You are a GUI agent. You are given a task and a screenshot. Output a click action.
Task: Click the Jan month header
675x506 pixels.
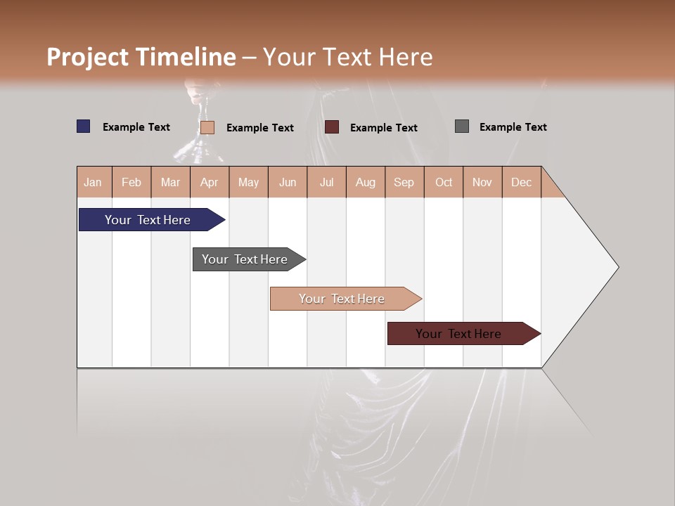pyautogui.click(x=94, y=182)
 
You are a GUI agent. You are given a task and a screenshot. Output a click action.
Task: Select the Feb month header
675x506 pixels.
pyautogui.click(x=131, y=182)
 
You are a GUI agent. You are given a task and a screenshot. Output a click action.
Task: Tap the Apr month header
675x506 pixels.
pyautogui.click(x=210, y=182)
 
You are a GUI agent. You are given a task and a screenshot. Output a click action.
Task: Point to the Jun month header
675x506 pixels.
pyautogui.click(x=288, y=182)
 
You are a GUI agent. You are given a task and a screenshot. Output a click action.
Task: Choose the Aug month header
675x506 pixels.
pyautogui.click(x=366, y=182)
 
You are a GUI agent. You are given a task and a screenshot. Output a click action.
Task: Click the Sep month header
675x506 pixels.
pyautogui.click(x=404, y=182)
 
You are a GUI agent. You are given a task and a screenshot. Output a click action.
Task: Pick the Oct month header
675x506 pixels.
pyautogui.click(x=444, y=182)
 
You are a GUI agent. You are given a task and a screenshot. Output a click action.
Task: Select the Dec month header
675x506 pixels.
pyautogui.click(x=522, y=182)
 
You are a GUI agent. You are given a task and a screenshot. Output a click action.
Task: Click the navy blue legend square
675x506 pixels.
pyautogui.click(x=84, y=126)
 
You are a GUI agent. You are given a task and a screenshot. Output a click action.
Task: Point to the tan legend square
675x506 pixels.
pyautogui.click(x=207, y=127)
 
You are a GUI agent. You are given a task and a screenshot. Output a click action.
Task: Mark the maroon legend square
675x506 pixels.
pyautogui.click(x=332, y=126)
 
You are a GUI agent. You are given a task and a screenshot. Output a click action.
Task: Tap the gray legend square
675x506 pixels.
pyautogui.click(x=462, y=126)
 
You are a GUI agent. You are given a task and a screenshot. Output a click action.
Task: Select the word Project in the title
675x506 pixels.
pyautogui.click(x=89, y=57)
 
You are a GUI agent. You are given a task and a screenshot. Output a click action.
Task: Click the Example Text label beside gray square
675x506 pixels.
pyautogui.click(x=513, y=127)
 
